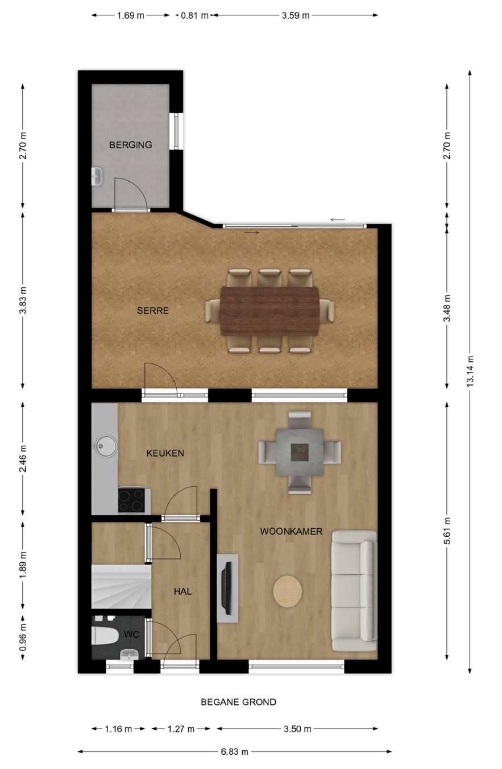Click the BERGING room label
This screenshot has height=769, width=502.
(130, 145)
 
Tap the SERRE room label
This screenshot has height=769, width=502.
(152, 311)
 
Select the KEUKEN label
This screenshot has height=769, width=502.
(165, 453)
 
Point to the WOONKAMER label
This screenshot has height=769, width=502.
(291, 532)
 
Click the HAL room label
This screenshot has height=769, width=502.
(182, 591)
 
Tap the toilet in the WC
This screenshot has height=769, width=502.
(105, 636)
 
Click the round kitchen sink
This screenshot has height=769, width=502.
(106, 446)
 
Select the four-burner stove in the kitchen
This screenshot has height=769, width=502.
(131, 500)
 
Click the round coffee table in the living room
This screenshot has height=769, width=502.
(288, 591)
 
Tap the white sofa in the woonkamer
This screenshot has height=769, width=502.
(354, 591)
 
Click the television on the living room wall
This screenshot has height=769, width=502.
(226, 588)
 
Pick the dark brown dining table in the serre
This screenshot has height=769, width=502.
(269, 311)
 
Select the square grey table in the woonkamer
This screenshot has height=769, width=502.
(300, 453)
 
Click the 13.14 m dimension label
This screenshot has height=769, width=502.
(470, 371)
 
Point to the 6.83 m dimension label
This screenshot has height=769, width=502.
(234, 751)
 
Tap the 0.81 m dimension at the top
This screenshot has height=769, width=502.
(194, 15)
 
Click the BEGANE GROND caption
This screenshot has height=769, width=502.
(238, 702)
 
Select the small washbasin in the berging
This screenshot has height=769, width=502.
(97, 177)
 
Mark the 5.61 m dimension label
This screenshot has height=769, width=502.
(447, 531)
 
